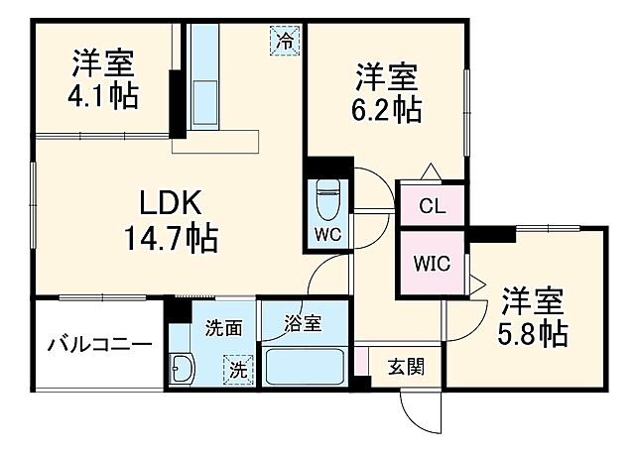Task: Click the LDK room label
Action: [x=170, y=202]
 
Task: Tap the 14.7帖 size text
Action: [x=170, y=238]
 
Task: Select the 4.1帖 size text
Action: [x=103, y=96]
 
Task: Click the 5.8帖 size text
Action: [x=533, y=332]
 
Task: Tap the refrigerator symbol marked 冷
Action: [x=285, y=42]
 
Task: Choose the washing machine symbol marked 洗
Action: [x=238, y=369]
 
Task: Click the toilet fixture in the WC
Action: [x=326, y=204]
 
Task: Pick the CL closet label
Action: [x=431, y=207]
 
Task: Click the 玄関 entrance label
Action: [x=406, y=367]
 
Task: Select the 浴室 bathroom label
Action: [x=303, y=322]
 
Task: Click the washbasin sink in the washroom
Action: [x=185, y=371]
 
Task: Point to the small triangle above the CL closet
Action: [x=429, y=171]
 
